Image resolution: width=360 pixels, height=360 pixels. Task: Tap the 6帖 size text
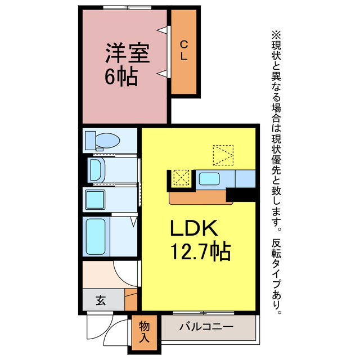[121, 77]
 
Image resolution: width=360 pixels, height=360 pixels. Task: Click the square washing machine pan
[93, 200]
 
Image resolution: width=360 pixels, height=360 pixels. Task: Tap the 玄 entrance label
[100, 300]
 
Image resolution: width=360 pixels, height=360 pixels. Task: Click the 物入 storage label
[145, 332]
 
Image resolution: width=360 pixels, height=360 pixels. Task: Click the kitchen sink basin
[210, 180]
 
